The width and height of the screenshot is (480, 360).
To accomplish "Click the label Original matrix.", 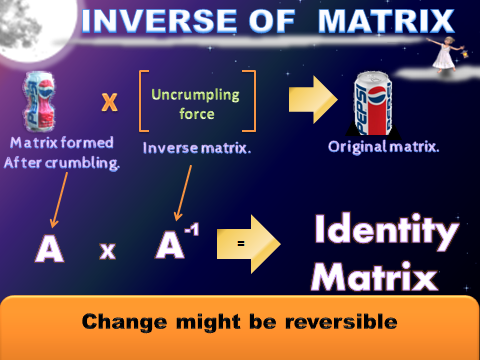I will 381,147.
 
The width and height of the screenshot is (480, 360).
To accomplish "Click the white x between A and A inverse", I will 107,252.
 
